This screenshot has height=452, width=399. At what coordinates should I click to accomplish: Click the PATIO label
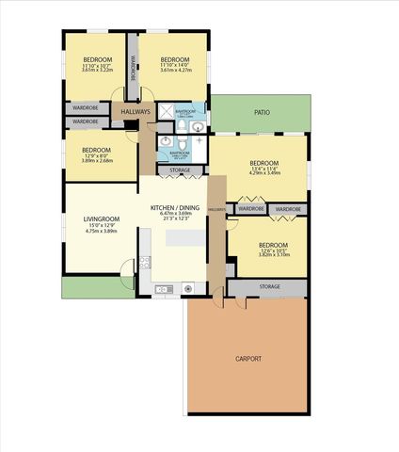(x=262, y=112)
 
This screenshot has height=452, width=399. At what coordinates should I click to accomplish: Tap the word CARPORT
(x=247, y=359)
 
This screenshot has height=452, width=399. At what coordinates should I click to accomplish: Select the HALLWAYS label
(x=136, y=112)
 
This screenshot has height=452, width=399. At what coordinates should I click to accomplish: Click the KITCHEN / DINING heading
(x=175, y=207)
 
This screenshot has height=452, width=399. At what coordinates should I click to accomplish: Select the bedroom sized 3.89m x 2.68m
(x=97, y=159)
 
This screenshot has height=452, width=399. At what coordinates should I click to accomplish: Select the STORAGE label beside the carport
(x=268, y=285)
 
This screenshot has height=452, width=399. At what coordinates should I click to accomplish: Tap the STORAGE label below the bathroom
(x=180, y=170)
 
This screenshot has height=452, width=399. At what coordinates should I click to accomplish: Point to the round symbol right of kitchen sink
(x=188, y=287)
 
